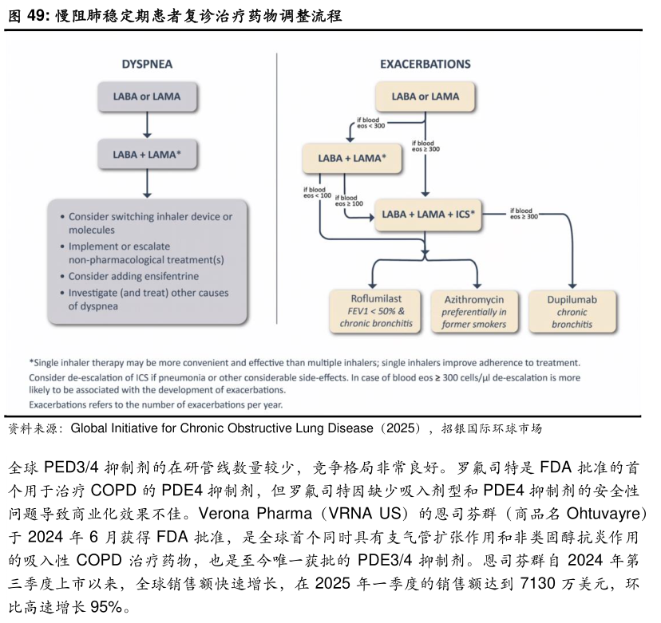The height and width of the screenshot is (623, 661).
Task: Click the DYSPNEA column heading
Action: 147,64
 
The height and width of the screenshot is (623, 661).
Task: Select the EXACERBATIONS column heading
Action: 425,64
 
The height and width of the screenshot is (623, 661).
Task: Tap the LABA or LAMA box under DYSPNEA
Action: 147,97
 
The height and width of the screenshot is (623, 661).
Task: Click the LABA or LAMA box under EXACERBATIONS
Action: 425,97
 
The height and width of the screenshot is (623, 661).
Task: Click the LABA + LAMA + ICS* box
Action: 429,214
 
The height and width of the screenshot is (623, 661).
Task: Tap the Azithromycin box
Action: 474,310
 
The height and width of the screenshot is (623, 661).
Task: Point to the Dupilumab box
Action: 571,310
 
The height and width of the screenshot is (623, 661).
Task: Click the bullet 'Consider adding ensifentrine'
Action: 133,276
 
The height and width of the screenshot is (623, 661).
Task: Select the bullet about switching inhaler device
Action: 150,223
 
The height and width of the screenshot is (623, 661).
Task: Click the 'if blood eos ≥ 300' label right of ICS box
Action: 524,213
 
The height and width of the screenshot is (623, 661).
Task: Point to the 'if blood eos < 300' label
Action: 370,123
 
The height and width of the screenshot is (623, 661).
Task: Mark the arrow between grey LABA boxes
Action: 147,125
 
